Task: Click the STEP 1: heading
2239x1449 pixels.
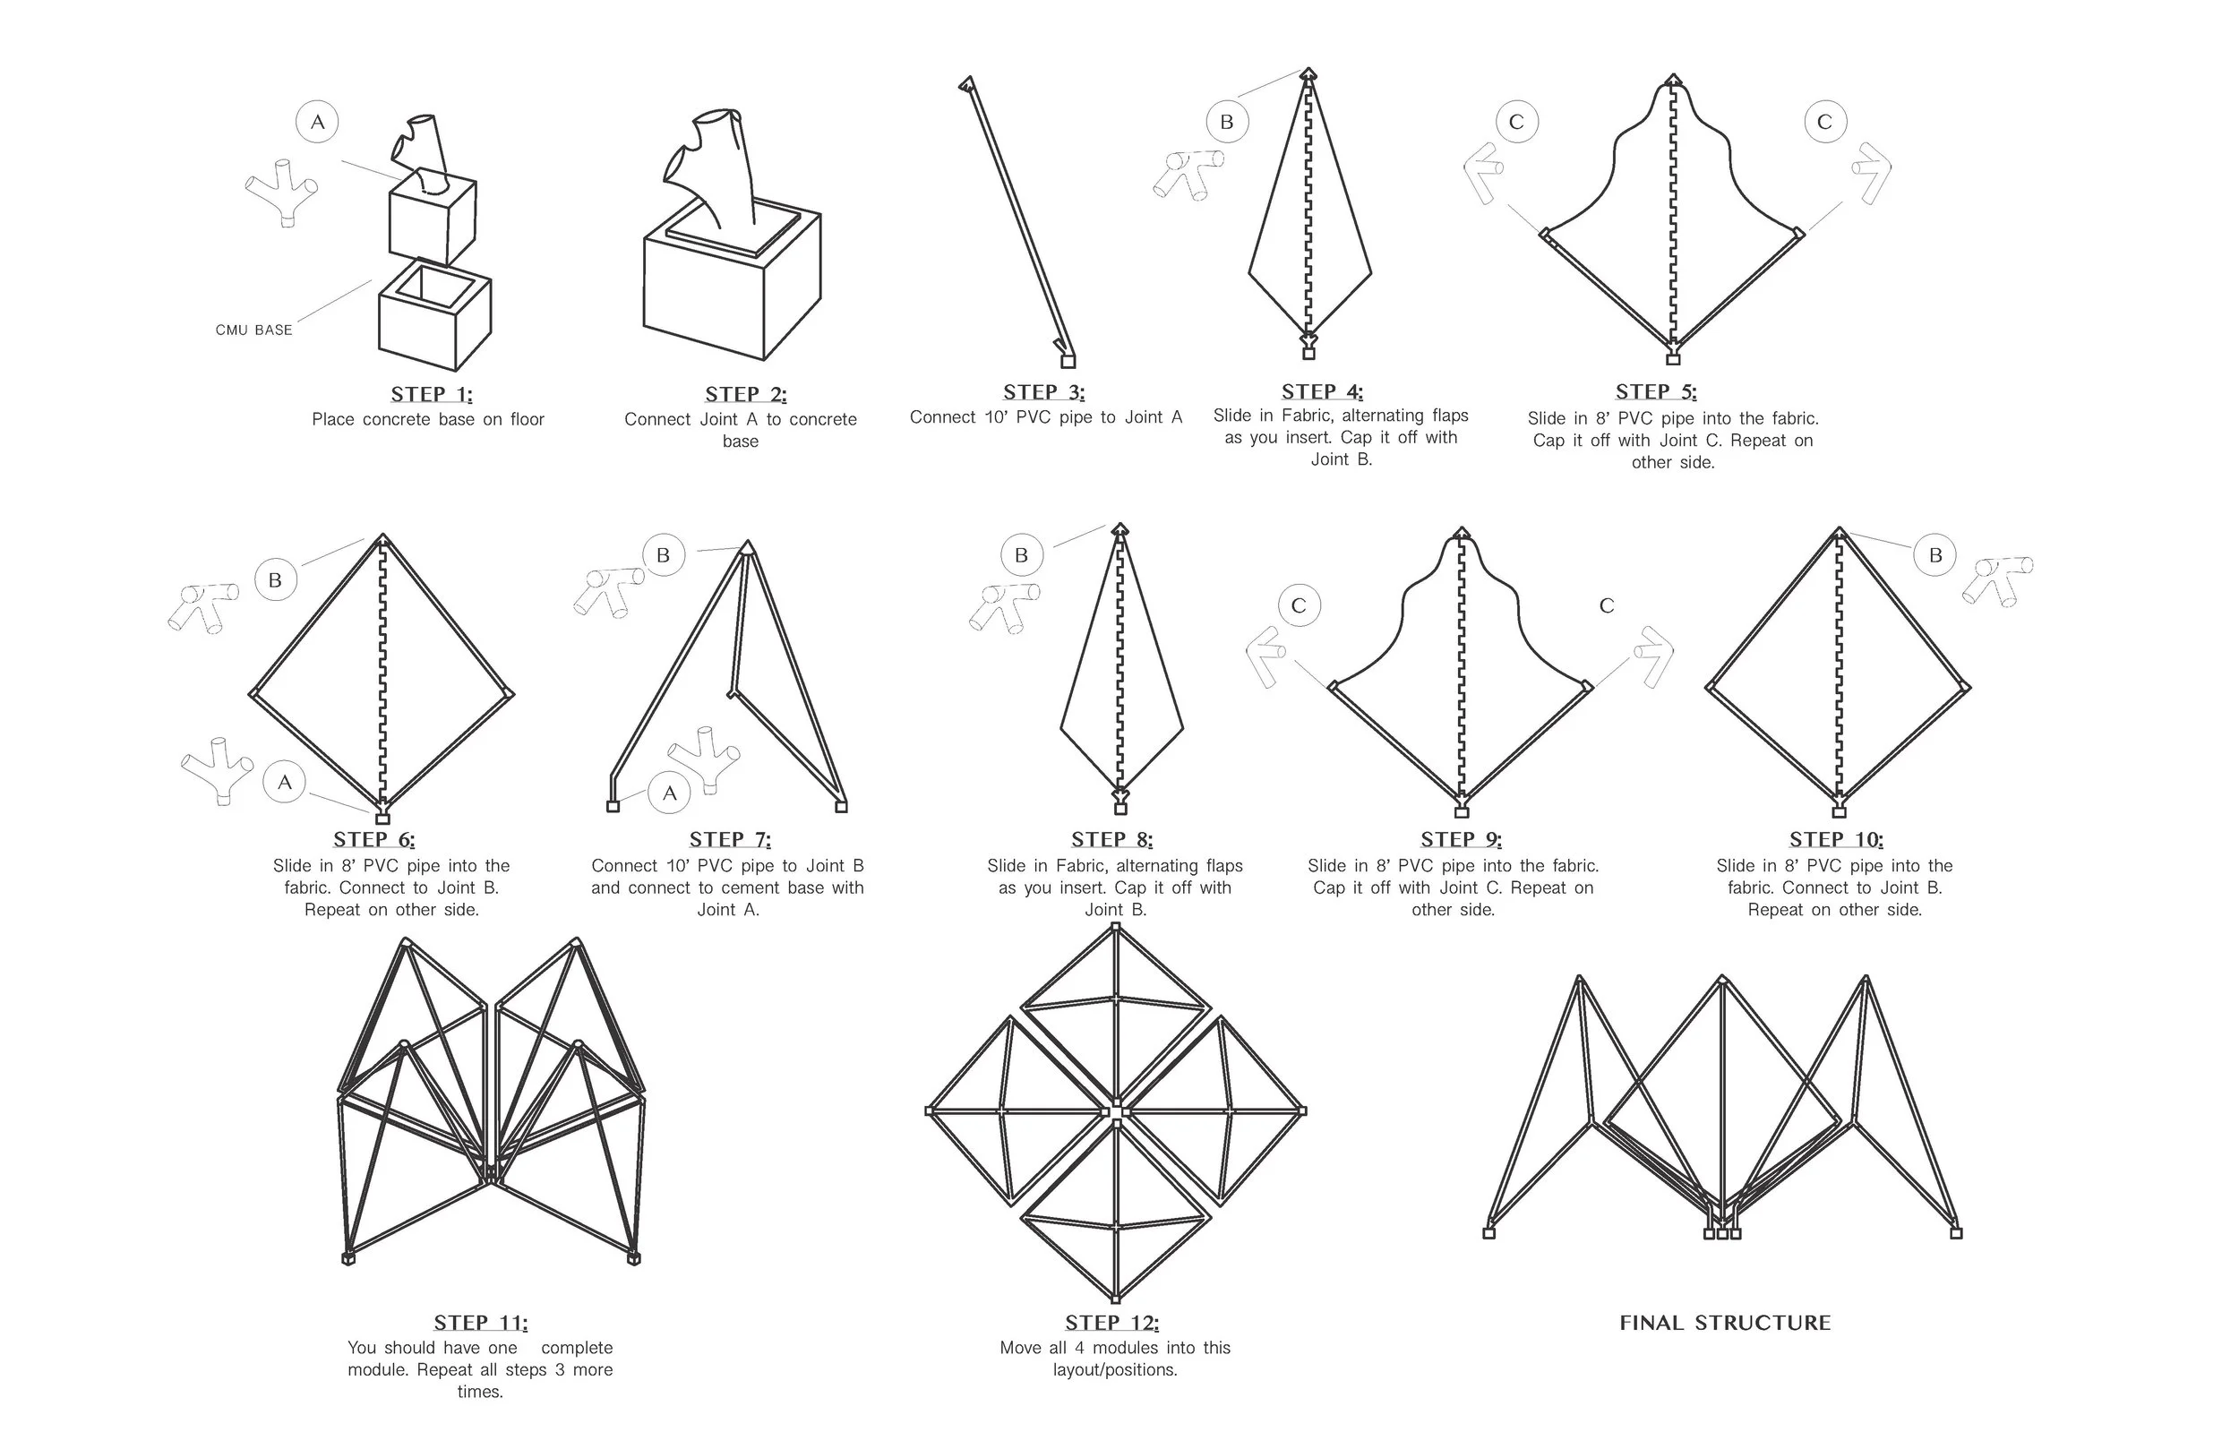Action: [432, 394]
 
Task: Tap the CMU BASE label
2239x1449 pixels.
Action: [253, 330]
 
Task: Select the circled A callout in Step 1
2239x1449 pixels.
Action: [318, 123]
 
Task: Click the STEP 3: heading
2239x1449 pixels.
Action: [1043, 392]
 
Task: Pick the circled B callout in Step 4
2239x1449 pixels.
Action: [1227, 123]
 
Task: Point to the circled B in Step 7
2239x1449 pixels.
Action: [664, 555]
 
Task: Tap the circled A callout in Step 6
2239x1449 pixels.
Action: [284, 782]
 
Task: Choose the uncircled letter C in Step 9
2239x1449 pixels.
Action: [1607, 606]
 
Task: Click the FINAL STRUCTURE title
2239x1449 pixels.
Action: [1724, 1323]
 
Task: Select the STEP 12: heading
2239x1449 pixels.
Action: [1112, 1323]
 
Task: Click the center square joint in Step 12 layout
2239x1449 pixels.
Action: [1116, 1111]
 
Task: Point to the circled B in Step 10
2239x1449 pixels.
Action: [1935, 555]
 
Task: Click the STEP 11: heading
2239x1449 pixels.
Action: [480, 1323]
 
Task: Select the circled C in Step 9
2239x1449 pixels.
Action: [1300, 606]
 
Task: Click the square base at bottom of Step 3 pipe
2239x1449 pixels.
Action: [1068, 361]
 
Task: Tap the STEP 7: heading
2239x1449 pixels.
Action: [730, 839]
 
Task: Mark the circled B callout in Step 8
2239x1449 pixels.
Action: [1022, 555]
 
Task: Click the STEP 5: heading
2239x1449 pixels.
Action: [1656, 392]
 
